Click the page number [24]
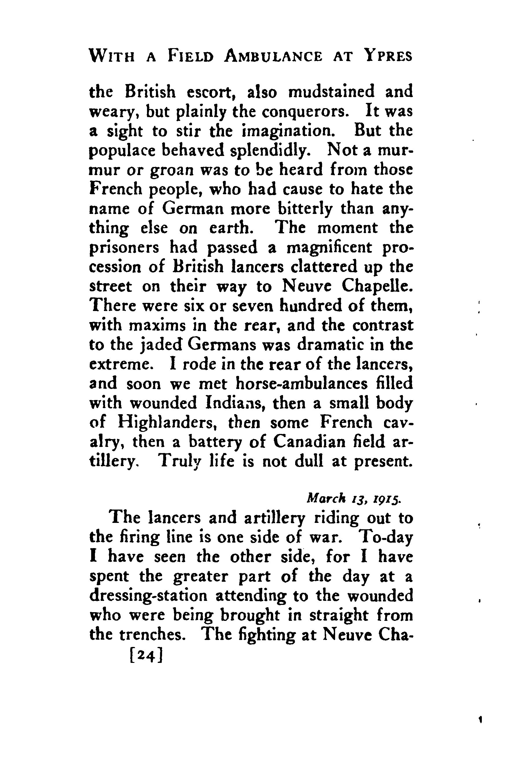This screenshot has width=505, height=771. [x=145, y=655]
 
